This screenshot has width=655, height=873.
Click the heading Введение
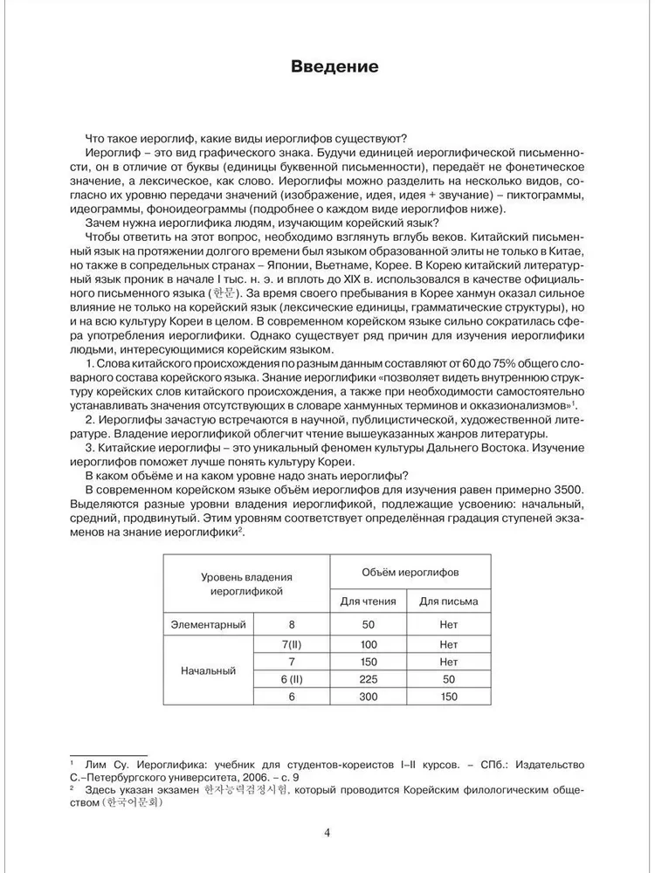(327, 67)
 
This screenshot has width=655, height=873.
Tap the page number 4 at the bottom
(327, 832)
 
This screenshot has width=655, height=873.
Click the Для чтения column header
(368, 601)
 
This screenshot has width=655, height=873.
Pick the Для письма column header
(448, 601)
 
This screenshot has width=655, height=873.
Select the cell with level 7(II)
(288, 644)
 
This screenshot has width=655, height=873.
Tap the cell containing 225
(368, 678)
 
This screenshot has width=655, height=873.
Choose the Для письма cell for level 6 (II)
(449, 678)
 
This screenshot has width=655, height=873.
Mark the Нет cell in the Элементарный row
(449, 624)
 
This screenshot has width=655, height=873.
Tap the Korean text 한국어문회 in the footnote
(137, 807)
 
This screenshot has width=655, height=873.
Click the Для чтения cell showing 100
(368, 644)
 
